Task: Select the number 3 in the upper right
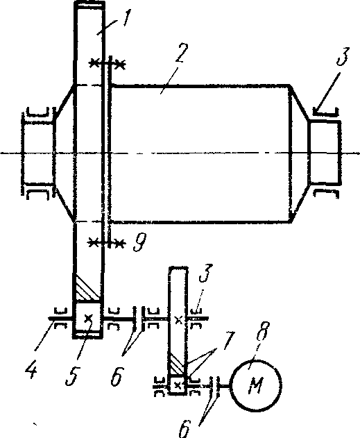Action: (342, 56)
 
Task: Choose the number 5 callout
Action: (73, 375)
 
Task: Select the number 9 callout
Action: (139, 242)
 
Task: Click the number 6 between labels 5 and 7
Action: (117, 376)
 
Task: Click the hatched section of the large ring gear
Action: (87, 287)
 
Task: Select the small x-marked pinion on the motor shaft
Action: (177, 385)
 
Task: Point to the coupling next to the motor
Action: (214, 387)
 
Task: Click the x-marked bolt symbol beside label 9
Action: (106, 242)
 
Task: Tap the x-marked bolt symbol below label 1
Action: (107, 64)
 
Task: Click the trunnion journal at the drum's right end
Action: (325, 153)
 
